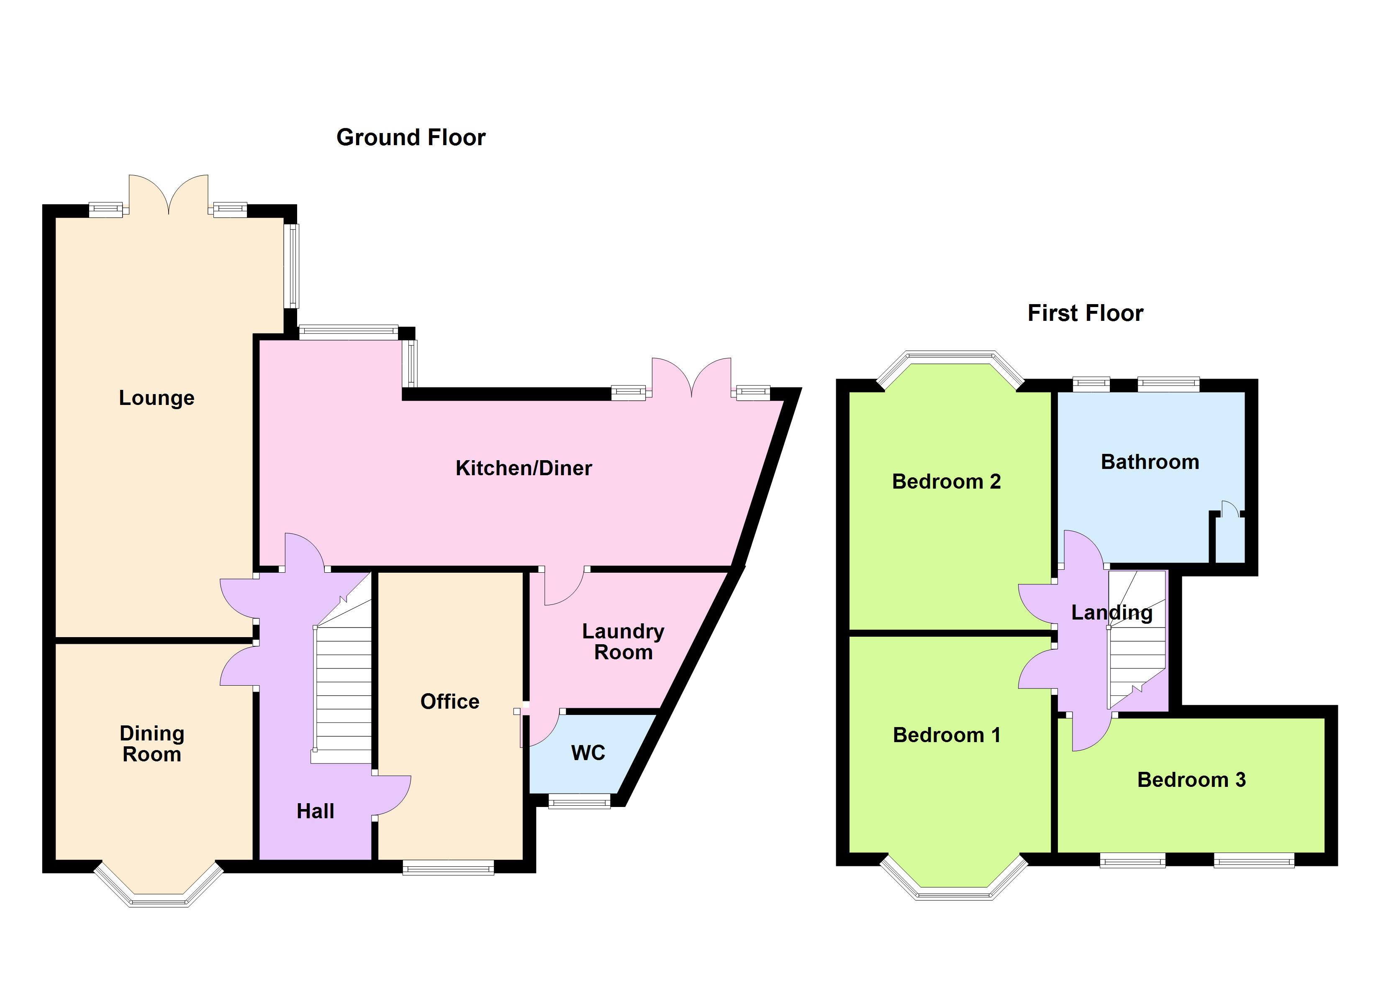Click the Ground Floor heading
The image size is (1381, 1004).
(x=411, y=138)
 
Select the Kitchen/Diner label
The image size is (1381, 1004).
(x=524, y=468)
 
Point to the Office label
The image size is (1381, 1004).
(x=450, y=702)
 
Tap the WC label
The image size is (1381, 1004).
(x=588, y=753)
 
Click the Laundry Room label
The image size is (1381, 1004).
(x=623, y=642)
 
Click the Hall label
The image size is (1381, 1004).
(x=316, y=811)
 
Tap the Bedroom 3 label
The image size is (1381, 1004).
(x=1191, y=780)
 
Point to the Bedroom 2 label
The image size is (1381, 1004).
(x=946, y=482)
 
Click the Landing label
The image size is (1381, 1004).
(x=1112, y=612)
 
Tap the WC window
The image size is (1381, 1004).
(x=579, y=802)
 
